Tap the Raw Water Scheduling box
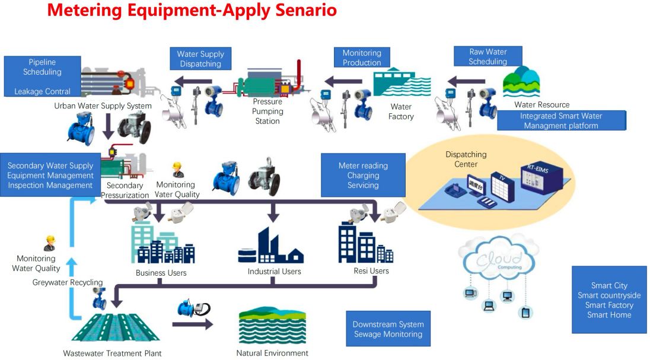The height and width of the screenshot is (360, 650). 487,56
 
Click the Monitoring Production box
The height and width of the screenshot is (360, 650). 362,58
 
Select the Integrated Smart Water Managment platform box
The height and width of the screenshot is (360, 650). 561,120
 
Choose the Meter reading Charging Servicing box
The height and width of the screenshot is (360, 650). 363,176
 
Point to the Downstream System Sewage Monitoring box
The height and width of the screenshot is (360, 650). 388,329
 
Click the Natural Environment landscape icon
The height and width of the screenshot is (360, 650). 272,325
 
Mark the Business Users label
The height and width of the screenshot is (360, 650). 161,273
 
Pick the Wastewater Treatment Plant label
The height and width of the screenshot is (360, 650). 112,353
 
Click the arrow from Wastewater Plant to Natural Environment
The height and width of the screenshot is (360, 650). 193,324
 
